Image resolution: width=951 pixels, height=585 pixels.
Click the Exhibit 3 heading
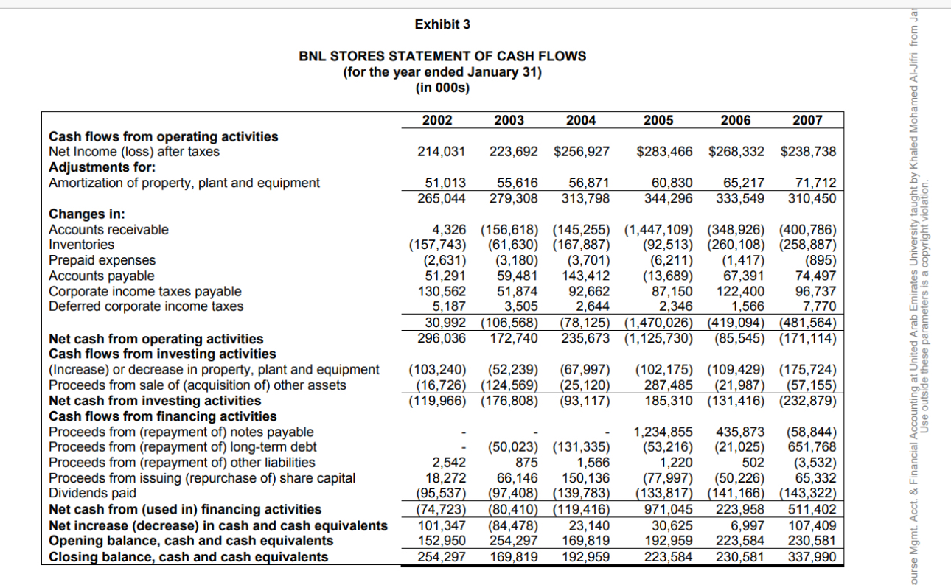pos(442,24)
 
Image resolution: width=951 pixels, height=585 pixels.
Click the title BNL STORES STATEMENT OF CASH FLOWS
pos(442,56)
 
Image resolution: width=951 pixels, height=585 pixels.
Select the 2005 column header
pos(658,120)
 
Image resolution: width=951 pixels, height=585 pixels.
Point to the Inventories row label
pos(81,245)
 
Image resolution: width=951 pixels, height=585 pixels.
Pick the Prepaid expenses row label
pos(102,260)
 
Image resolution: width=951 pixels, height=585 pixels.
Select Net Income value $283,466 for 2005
pos(665,152)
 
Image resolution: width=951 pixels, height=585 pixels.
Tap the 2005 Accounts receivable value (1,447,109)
pos(660,229)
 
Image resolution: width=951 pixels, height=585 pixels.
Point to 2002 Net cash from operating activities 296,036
pos(441,339)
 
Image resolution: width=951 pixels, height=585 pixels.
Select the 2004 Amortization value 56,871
pos(589,183)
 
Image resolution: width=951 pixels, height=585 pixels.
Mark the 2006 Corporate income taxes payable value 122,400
pos(740,291)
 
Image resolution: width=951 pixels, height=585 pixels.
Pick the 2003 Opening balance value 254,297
pos(513,541)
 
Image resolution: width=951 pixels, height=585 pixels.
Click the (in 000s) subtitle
pos(442,87)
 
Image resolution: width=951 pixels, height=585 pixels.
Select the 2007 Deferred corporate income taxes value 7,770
pos(820,306)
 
